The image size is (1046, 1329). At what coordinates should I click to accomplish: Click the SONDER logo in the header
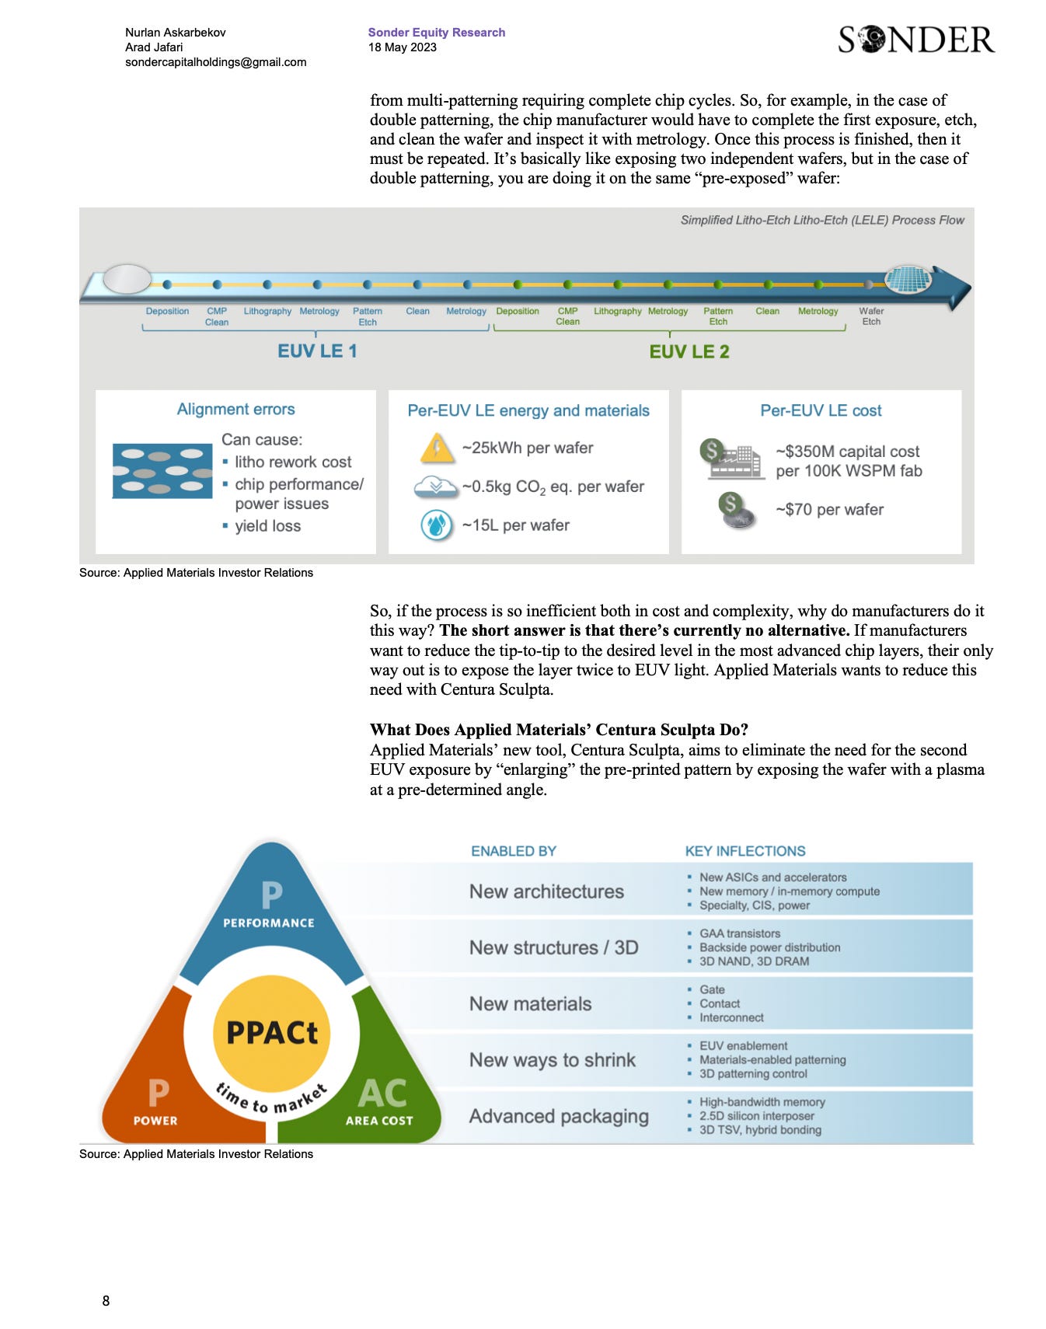915,40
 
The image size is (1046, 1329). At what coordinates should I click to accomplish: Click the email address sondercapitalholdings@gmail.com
215,62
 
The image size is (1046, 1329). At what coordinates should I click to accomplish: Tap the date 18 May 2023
402,47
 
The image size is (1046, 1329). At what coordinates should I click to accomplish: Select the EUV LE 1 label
317,351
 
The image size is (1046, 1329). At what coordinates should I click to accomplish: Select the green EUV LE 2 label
689,352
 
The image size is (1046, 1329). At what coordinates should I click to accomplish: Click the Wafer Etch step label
871,316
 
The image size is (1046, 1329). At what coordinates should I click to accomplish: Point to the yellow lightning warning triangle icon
437,448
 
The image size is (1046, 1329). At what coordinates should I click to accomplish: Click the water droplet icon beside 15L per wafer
436,525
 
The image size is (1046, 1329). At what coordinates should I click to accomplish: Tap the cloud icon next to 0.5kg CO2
435,487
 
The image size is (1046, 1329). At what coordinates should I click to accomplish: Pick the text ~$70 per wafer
829,510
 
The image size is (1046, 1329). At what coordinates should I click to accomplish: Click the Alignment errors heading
235,410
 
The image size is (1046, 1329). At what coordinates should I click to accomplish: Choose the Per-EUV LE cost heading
821,410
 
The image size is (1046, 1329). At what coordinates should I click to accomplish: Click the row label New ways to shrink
552,1060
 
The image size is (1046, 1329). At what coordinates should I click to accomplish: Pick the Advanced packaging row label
558,1116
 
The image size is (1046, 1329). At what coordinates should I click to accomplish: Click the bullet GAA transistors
739,933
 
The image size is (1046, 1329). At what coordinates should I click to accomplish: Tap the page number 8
106,1301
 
